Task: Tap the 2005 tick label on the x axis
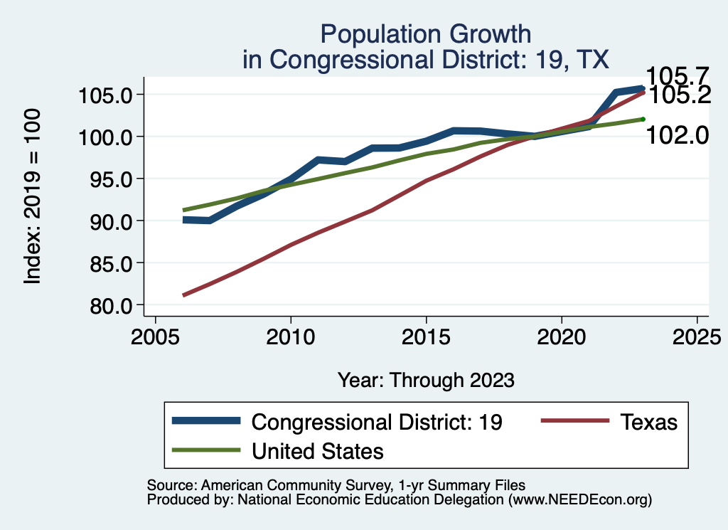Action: click(x=156, y=336)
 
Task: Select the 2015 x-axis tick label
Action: click(x=426, y=336)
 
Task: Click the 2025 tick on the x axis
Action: click(x=697, y=336)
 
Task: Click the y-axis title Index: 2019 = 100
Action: click(x=33, y=196)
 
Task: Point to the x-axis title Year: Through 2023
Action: click(x=425, y=380)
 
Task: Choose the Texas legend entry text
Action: click(x=648, y=422)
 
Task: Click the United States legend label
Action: click(x=318, y=450)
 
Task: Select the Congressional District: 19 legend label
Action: click(x=378, y=422)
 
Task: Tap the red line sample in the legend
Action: click(x=574, y=421)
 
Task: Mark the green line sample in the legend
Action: click(x=205, y=450)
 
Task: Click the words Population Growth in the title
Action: click(x=425, y=33)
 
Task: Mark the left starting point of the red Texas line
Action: click(x=184, y=295)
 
